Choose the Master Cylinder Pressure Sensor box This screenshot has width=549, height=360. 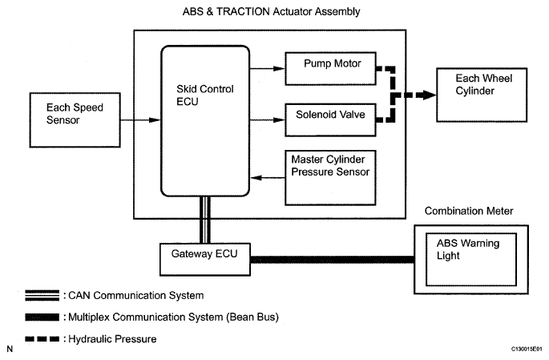tap(329, 170)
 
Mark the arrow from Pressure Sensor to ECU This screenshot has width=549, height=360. tap(265, 177)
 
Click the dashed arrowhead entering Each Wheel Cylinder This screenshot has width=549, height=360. tap(426, 94)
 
